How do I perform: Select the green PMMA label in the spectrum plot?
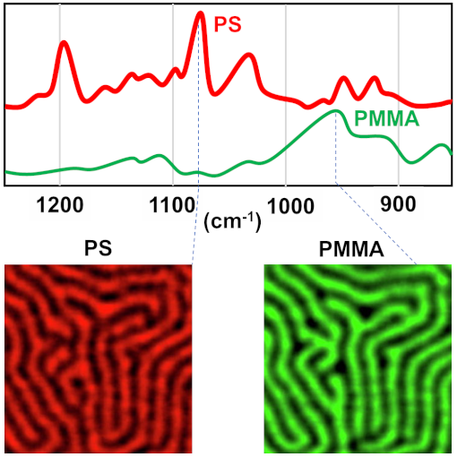(387, 117)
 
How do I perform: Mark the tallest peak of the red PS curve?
(200, 13)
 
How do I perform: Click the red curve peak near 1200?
(64, 43)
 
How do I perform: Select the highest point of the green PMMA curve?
(336, 111)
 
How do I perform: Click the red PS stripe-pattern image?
(99, 358)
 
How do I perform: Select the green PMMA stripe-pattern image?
(358, 358)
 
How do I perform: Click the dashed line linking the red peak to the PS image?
(197, 179)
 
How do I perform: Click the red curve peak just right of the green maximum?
(343, 80)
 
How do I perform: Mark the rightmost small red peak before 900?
(375, 80)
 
